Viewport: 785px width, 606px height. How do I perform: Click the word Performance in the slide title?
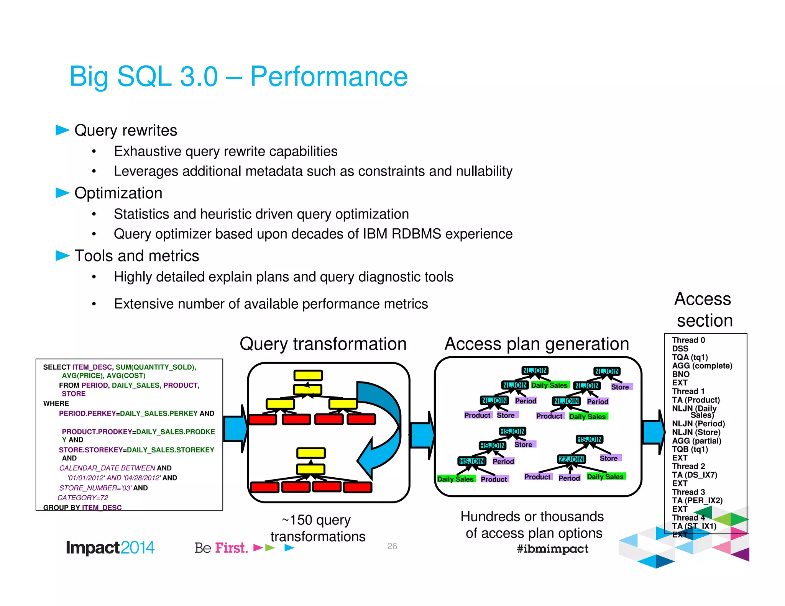[329, 77]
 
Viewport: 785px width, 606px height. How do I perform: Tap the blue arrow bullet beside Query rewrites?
[62, 130]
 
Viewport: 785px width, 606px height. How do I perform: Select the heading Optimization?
[118, 193]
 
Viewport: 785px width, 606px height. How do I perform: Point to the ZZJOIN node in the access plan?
[571, 459]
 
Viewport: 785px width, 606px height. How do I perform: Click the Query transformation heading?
[323, 344]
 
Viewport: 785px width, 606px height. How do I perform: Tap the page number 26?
[392, 546]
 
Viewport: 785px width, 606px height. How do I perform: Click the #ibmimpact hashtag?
[552, 549]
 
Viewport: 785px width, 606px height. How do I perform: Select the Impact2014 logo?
[110, 547]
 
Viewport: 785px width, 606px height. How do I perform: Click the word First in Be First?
[231, 548]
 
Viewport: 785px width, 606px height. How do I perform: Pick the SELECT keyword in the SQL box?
[56, 367]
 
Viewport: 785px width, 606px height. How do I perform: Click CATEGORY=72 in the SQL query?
[83, 498]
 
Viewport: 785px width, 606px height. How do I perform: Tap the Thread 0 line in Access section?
[688, 340]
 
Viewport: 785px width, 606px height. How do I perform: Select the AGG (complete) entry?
[702, 366]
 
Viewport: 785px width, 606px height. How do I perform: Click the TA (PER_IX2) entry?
[697, 500]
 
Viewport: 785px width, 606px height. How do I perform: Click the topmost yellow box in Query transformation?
[308, 375]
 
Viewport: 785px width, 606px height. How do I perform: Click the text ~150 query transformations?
[317, 528]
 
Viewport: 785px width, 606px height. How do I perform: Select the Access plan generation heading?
[537, 344]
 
